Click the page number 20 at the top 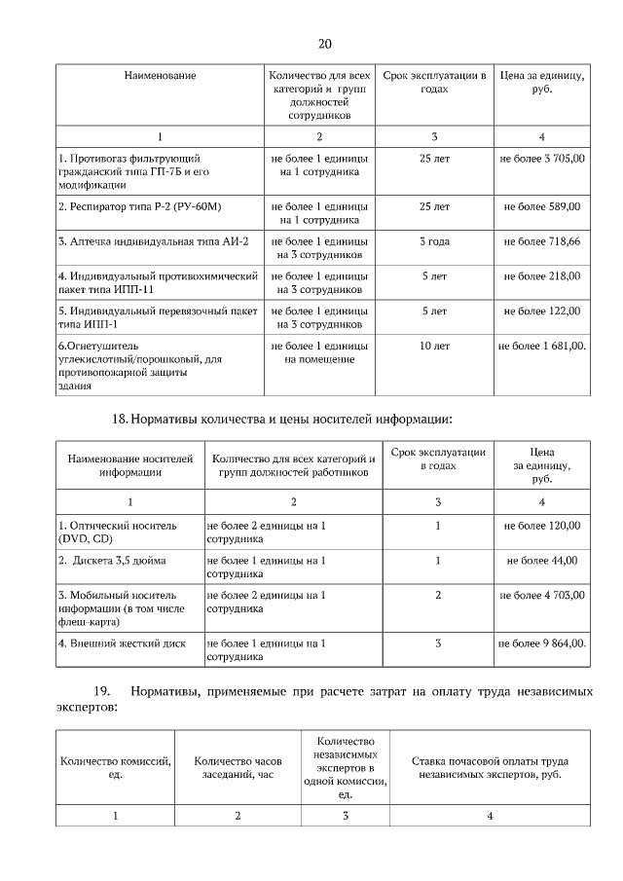click(x=325, y=44)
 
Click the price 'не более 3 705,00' click(x=541, y=158)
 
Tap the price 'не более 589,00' click(x=541, y=206)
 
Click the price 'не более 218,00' click(x=541, y=276)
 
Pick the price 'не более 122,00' click(x=541, y=312)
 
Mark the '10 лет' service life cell click(x=434, y=346)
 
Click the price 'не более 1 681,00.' click(x=541, y=346)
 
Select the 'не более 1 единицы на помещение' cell click(x=319, y=352)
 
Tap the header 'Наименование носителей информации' click(x=129, y=465)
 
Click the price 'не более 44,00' click(x=541, y=560)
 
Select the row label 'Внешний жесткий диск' click(x=122, y=643)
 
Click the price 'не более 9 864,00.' click(x=541, y=643)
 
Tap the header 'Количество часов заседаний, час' click(x=238, y=767)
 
